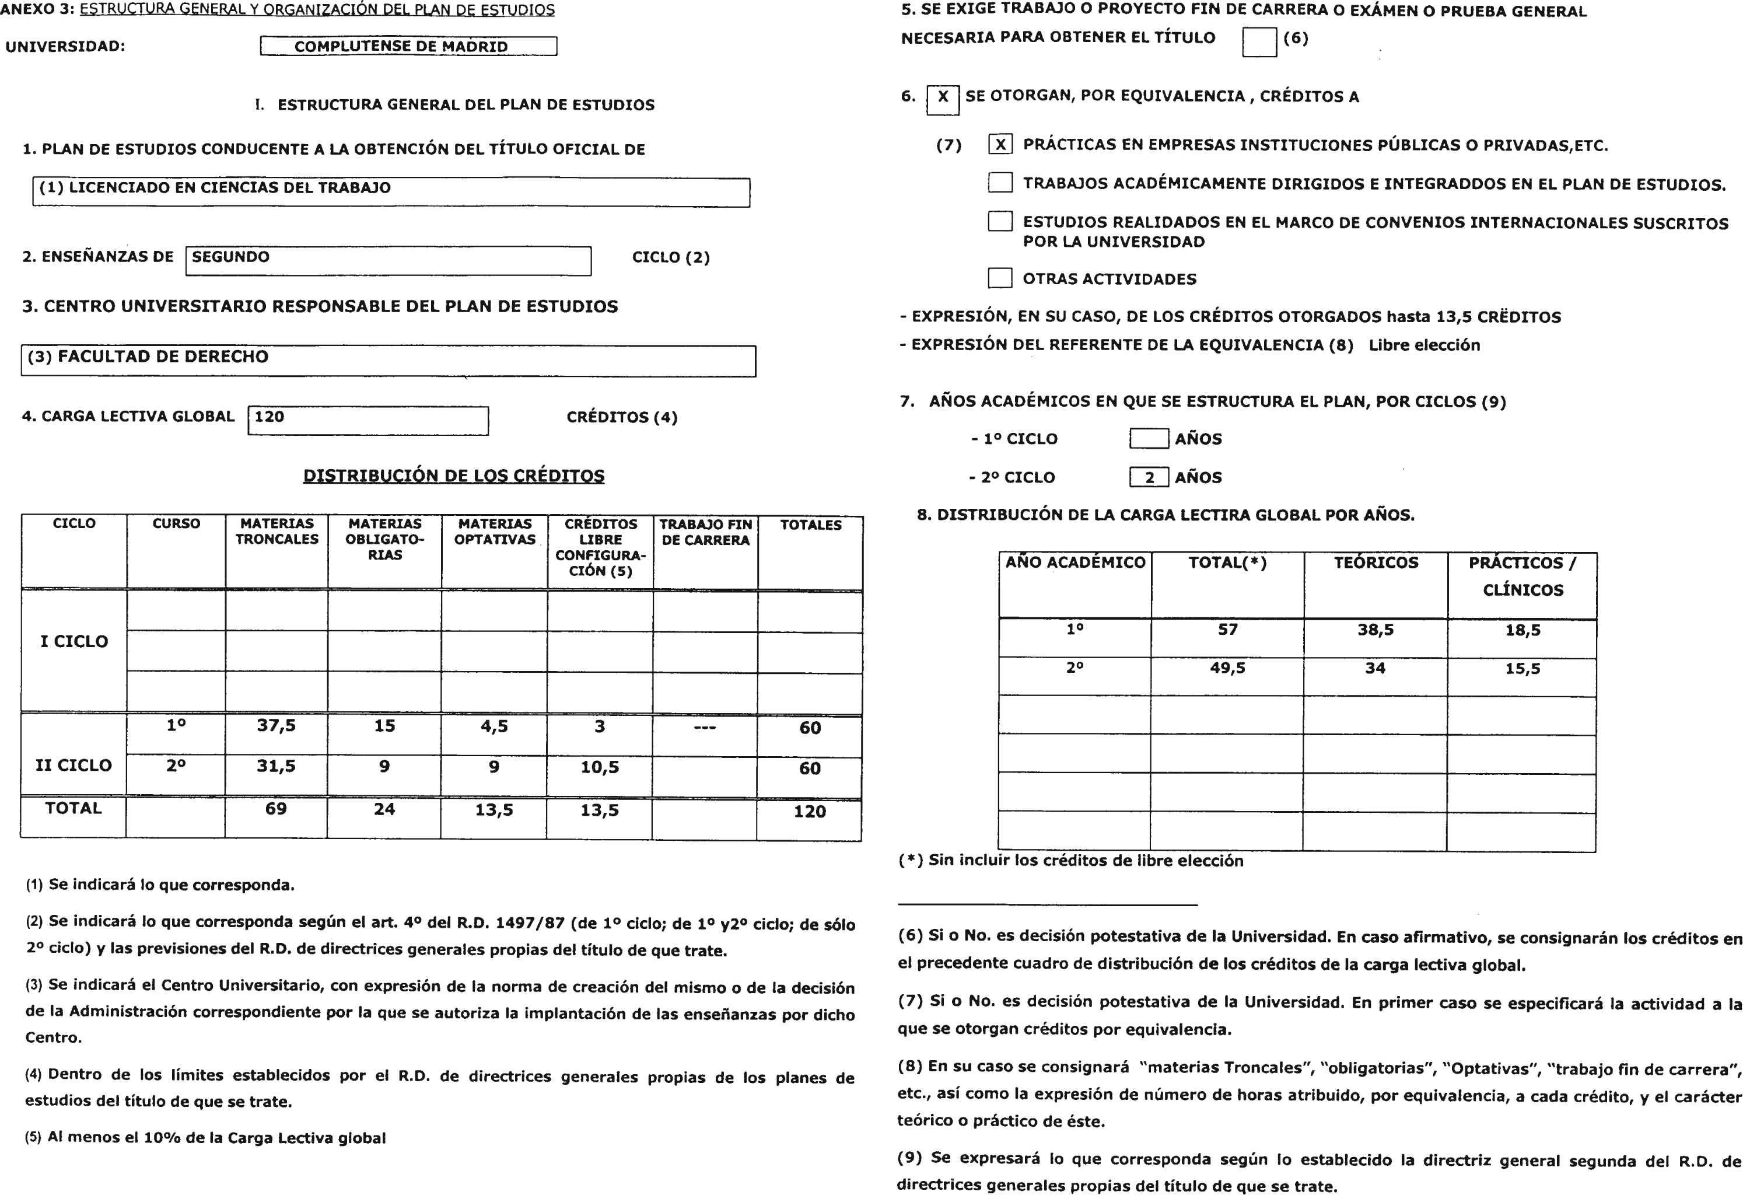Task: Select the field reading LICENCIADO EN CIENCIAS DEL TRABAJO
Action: [390, 191]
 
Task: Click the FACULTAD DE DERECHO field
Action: [388, 360]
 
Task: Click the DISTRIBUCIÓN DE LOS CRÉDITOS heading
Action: [453, 476]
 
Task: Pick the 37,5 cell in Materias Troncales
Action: [276, 725]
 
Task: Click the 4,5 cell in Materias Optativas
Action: [494, 726]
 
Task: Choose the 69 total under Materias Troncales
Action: [275, 809]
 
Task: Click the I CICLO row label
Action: [73, 641]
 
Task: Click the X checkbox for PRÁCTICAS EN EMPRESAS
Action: [1000, 145]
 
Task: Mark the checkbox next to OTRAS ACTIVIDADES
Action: [1000, 278]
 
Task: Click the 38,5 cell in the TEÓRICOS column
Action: [1375, 630]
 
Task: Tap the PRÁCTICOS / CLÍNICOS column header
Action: [1522, 576]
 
